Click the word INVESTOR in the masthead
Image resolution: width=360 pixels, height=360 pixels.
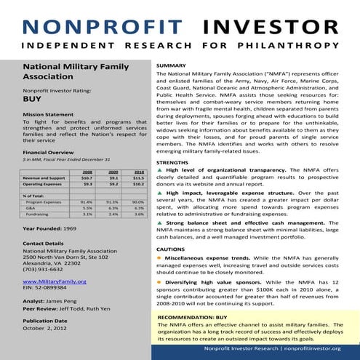pyautogui.click(x=271, y=27)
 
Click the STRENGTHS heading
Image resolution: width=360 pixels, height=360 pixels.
pyautogui.click(x=173, y=161)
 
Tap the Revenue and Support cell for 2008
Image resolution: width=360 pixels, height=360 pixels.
pyautogui.click(x=87, y=177)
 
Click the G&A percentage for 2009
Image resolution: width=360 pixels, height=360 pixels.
pyautogui.click(x=112, y=208)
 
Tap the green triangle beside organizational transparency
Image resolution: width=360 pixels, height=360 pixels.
pyautogui.click(x=160, y=169)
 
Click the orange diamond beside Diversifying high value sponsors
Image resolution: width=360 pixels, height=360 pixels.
pyautogui.click(x=160, y=280)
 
